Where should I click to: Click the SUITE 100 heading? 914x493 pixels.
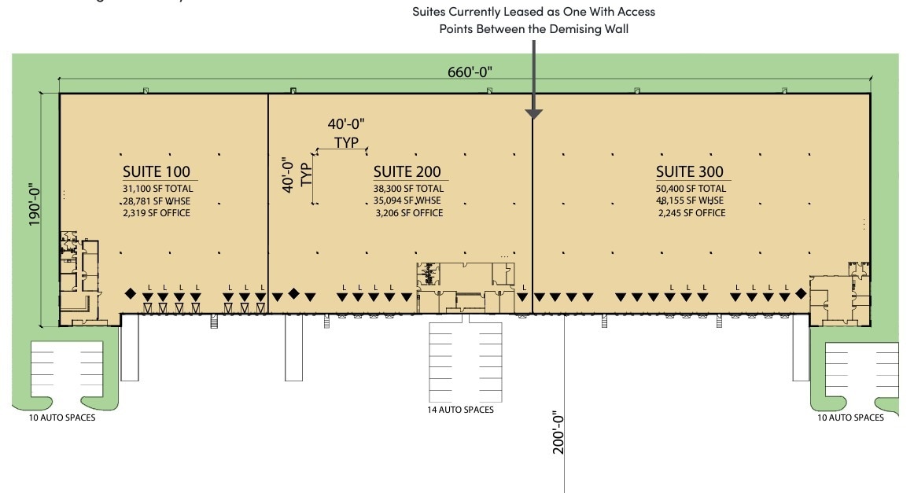coord(156,172)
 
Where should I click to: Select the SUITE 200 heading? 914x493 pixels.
coord(407,172)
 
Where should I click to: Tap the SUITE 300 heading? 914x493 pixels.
coord(689,172)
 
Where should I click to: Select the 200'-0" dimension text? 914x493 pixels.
coord(558,432)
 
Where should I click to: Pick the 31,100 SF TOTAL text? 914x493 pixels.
coord(157,189)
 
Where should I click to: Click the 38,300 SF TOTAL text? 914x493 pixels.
coord(408,189)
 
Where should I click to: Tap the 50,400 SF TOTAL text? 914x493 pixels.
coord(691,189)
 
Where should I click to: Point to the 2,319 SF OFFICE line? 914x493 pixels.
coord(157,213)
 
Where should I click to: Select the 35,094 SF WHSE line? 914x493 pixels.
coord(408,201)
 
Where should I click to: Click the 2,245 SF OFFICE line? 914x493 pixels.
coord(691,213)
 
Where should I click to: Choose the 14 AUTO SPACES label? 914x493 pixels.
coord(459,410)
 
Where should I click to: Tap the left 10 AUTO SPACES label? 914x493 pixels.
coord(61,418)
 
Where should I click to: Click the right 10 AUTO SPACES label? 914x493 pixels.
coord(850,418)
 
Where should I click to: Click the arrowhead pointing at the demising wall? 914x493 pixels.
coord(534,114)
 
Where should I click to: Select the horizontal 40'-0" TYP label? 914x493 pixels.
coord(346,133)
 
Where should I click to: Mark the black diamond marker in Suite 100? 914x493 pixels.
coord(130,293)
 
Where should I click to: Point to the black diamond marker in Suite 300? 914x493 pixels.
coord(801,293)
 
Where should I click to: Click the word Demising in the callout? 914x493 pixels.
coord(578,29)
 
